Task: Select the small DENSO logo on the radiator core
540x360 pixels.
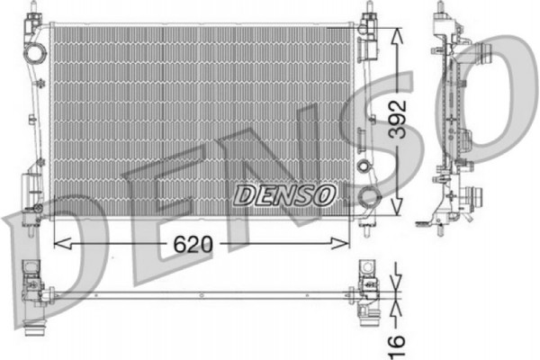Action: [284, 194]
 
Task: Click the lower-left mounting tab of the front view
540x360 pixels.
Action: [33, 213]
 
